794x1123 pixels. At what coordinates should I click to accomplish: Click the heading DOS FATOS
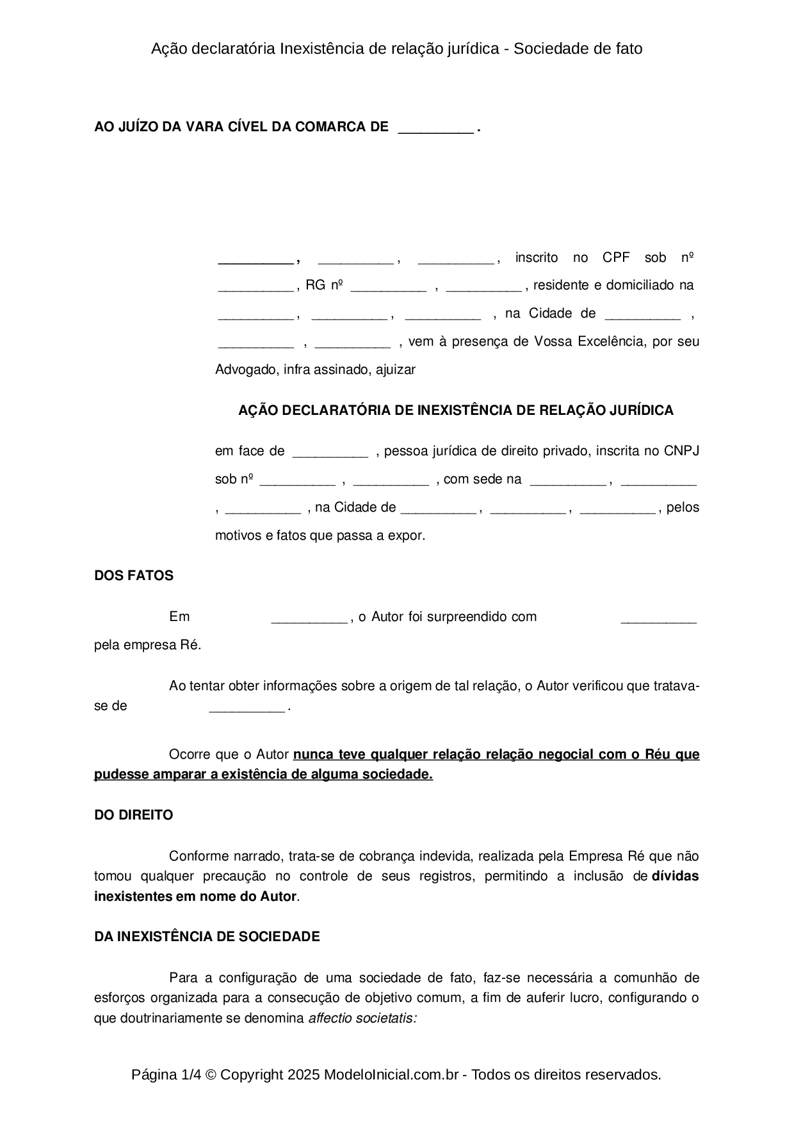(x=134, y=576)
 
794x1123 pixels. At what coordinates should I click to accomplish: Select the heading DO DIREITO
(x=134, y=815)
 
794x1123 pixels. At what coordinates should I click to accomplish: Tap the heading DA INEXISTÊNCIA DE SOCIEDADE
(x=207, y=937)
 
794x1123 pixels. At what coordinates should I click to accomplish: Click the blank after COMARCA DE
(x=435, y=128)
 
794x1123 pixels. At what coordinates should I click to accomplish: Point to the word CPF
(x=616, y=258)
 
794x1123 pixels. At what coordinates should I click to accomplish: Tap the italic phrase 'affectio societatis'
(x=362, y=1018)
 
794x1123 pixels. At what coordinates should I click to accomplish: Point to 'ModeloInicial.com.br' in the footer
(x=391, y=1075)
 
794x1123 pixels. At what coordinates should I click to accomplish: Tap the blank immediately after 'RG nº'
(x=388, y=286)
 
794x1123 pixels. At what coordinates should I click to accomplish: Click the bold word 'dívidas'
(x=675, y=876)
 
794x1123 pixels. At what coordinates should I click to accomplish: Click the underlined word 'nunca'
(x=312, y=754)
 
